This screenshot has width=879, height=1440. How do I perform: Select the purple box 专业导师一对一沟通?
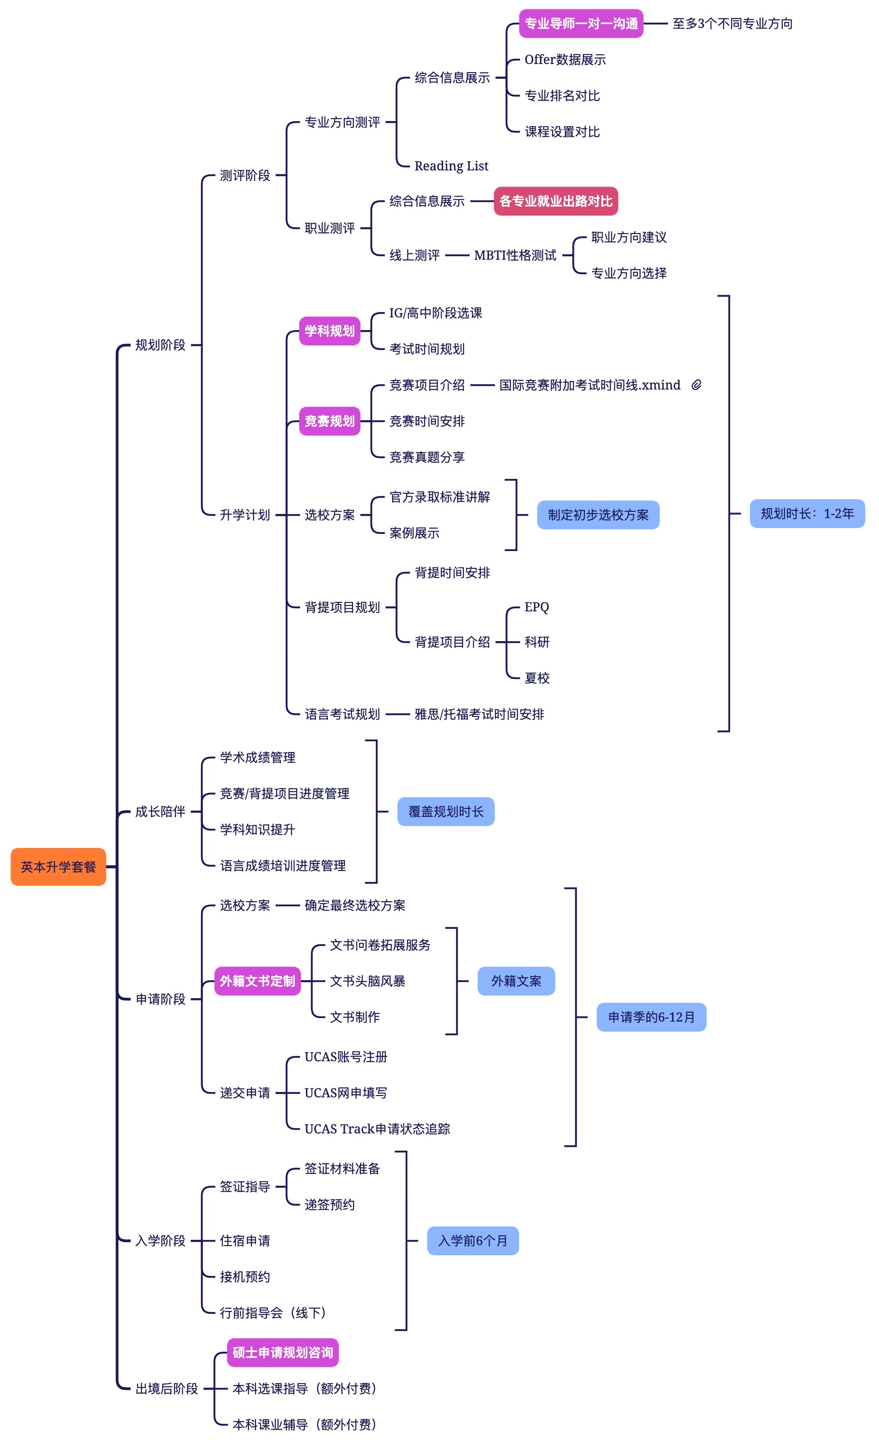[581, 24]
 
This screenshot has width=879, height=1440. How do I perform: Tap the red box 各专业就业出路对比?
[555, 201]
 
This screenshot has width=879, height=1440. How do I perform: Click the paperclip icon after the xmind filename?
[696, 385]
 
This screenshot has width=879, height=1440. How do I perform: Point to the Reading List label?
[451, 166]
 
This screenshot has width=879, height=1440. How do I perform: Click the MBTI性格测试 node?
[515, 255]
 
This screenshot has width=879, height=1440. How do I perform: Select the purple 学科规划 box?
[330, 331]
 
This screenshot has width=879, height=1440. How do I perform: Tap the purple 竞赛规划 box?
[330, 421]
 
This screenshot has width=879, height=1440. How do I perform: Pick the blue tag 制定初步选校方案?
[598, 515]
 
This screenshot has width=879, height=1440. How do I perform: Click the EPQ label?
[536, 607]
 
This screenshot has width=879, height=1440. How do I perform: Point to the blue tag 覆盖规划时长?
[446, 812]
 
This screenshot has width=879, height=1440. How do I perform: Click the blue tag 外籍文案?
[516, 981]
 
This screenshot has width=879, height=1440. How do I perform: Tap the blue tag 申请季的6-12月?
[651, 1017]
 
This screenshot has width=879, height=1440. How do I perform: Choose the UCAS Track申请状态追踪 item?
[377, 1128]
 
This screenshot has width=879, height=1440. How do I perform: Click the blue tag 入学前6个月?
[473, 1241]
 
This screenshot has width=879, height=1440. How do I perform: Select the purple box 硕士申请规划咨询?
[283, 1353]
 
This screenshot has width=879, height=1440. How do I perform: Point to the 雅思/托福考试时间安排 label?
[479, 714]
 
